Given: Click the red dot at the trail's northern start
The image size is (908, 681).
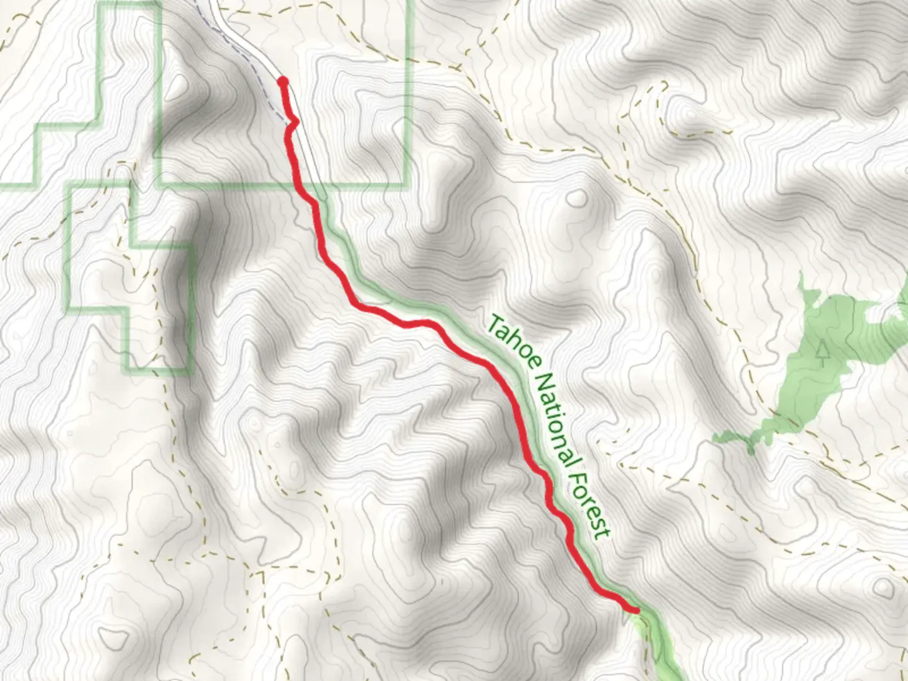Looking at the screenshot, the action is pyautogui.click(x=283, y=81).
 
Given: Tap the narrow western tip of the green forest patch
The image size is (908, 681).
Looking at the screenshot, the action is pyautogui.click(x=719, y=436).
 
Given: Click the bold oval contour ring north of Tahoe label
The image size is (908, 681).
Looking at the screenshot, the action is pyautogui.click(x=576, y=199).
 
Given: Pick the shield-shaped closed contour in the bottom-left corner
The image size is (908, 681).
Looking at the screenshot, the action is pyautogui.click(x=113, y=638).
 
